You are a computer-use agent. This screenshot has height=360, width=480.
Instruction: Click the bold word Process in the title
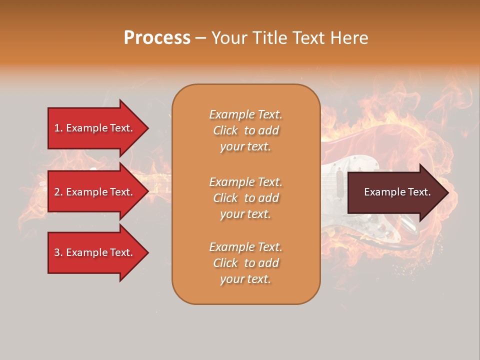157,38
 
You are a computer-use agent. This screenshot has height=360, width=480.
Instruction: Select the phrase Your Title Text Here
289,38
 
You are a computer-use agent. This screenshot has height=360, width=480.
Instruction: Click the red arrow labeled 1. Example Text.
93,128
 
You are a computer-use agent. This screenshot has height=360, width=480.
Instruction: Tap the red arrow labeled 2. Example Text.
93,192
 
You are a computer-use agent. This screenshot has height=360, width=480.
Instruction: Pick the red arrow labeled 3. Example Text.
93,252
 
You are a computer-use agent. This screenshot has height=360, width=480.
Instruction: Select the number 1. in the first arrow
58,128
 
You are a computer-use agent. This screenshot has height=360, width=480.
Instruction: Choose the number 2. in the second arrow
58,192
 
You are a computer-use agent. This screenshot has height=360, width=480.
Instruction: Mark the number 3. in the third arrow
58,252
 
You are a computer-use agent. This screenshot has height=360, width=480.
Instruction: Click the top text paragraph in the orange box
245,130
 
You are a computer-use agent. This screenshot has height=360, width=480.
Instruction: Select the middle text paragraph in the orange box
245,198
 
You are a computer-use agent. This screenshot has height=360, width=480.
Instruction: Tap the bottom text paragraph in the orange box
245,263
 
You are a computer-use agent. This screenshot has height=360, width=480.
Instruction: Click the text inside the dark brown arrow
397,192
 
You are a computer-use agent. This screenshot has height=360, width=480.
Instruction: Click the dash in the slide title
200,38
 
